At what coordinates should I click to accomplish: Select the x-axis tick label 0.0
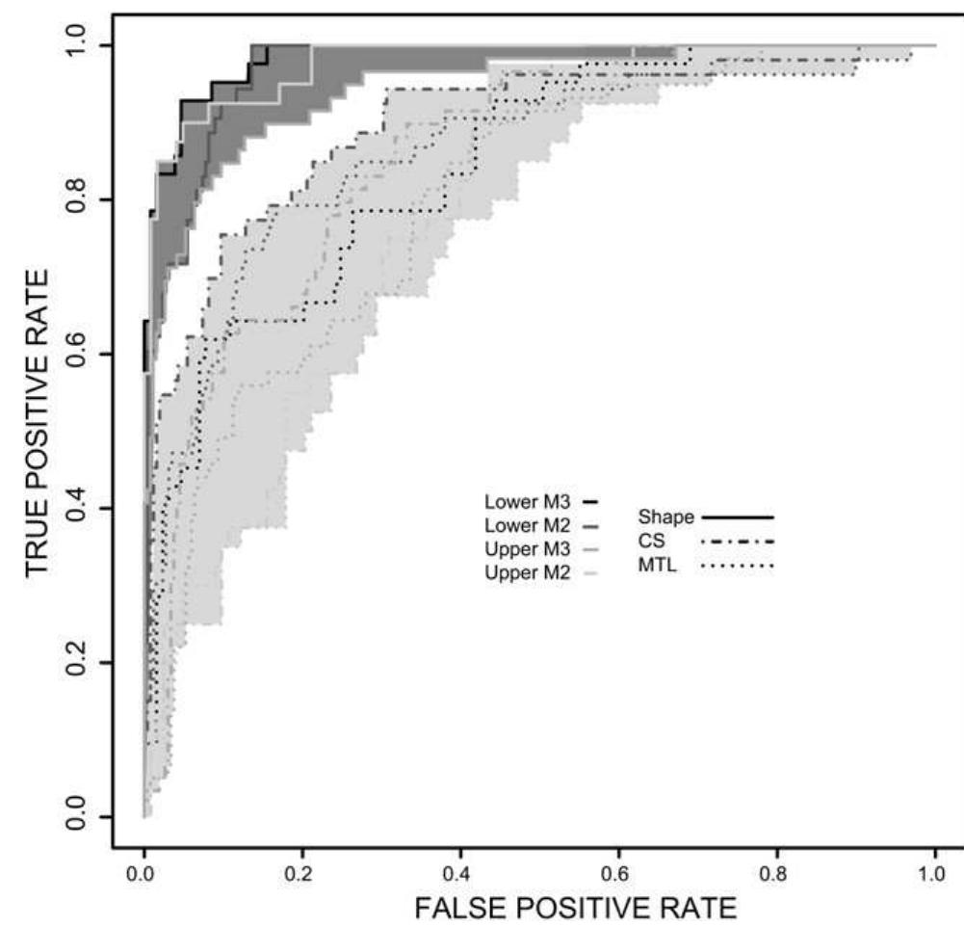click(143, 873)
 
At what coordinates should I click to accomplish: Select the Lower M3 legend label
click(529, 502)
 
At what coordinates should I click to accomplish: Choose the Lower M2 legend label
click(529, 526)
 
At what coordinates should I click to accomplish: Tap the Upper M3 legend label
click(529, 549)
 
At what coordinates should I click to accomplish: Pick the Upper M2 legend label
click(529, 573)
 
